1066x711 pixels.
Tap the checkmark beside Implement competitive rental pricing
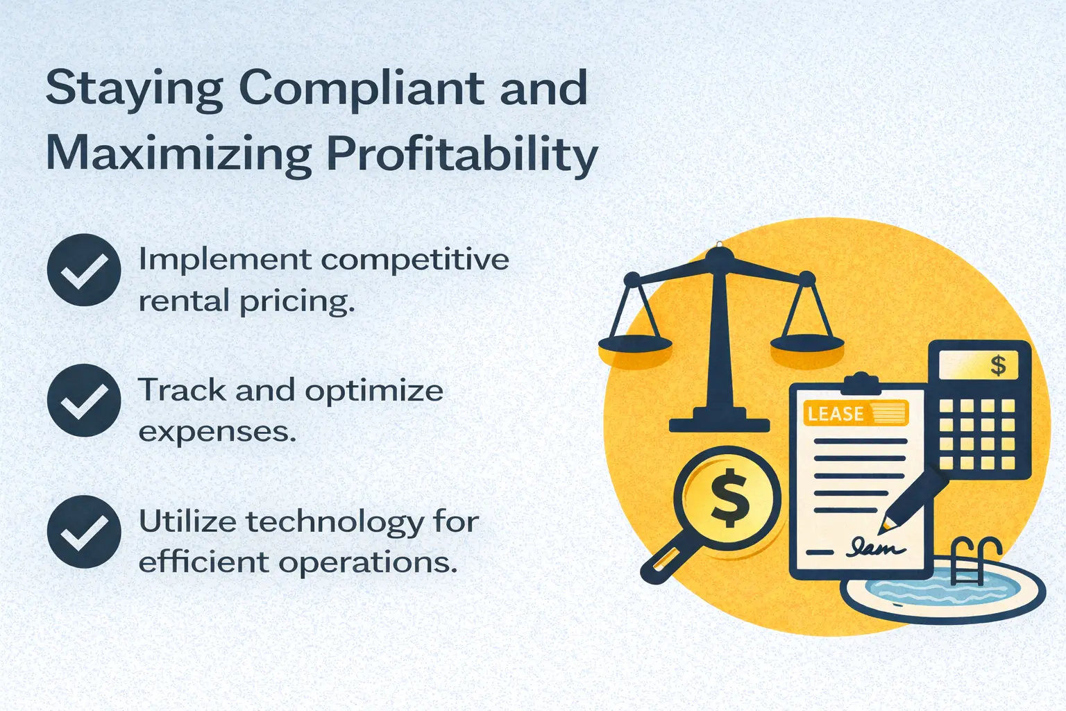[83, 270]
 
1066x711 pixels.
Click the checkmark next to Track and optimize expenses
[83, 401]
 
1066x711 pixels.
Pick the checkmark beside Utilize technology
[83, 531]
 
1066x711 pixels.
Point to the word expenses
[217, 432]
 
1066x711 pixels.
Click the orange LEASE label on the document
[836, 414]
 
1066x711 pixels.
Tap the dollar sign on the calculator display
[998, 365]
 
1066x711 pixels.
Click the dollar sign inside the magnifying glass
[728, 496]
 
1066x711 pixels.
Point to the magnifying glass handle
[663, 563]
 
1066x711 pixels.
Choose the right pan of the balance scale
[807, 342]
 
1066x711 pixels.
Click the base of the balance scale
[719, 423]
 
